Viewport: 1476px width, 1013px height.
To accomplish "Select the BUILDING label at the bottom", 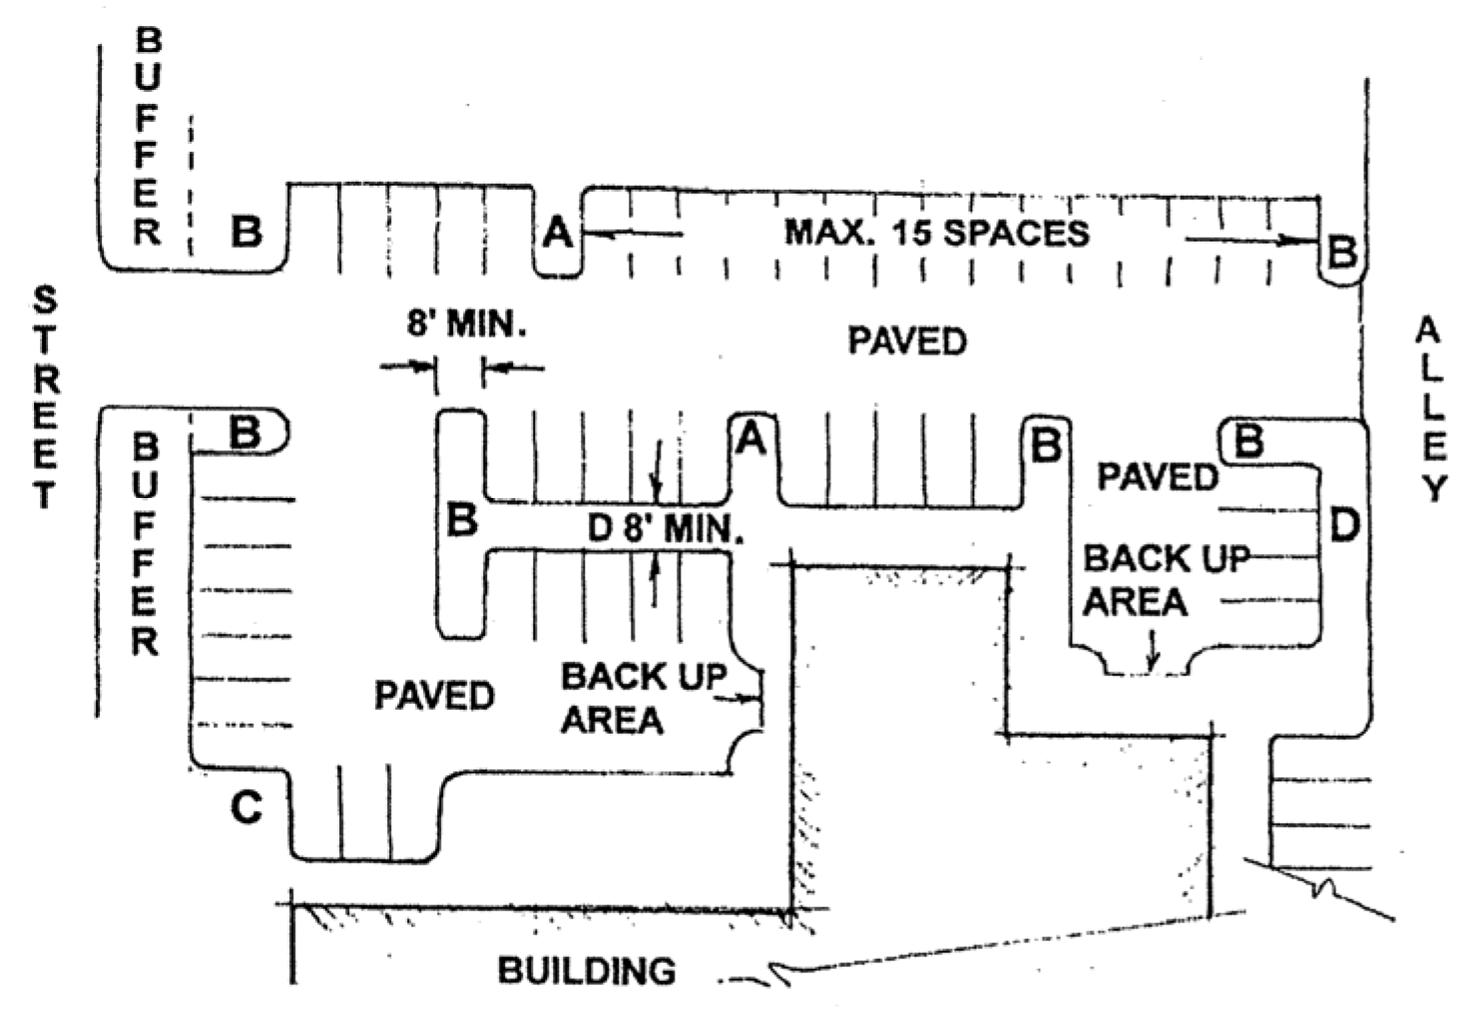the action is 586,970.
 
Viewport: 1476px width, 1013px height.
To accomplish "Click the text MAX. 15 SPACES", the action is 936,234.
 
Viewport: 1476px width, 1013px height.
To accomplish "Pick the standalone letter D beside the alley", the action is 1344,526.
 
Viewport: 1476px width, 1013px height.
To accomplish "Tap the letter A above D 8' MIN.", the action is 750,438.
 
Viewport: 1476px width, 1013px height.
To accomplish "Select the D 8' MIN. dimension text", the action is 665,527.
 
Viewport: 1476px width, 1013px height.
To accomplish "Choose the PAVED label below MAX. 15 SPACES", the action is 907,342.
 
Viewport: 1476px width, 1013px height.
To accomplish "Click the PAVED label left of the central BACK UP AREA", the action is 434,696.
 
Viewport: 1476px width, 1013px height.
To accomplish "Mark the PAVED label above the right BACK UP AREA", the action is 1158,477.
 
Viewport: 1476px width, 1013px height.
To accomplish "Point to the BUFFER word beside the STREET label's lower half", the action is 146,544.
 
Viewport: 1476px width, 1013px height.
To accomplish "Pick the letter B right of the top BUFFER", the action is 246,232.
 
